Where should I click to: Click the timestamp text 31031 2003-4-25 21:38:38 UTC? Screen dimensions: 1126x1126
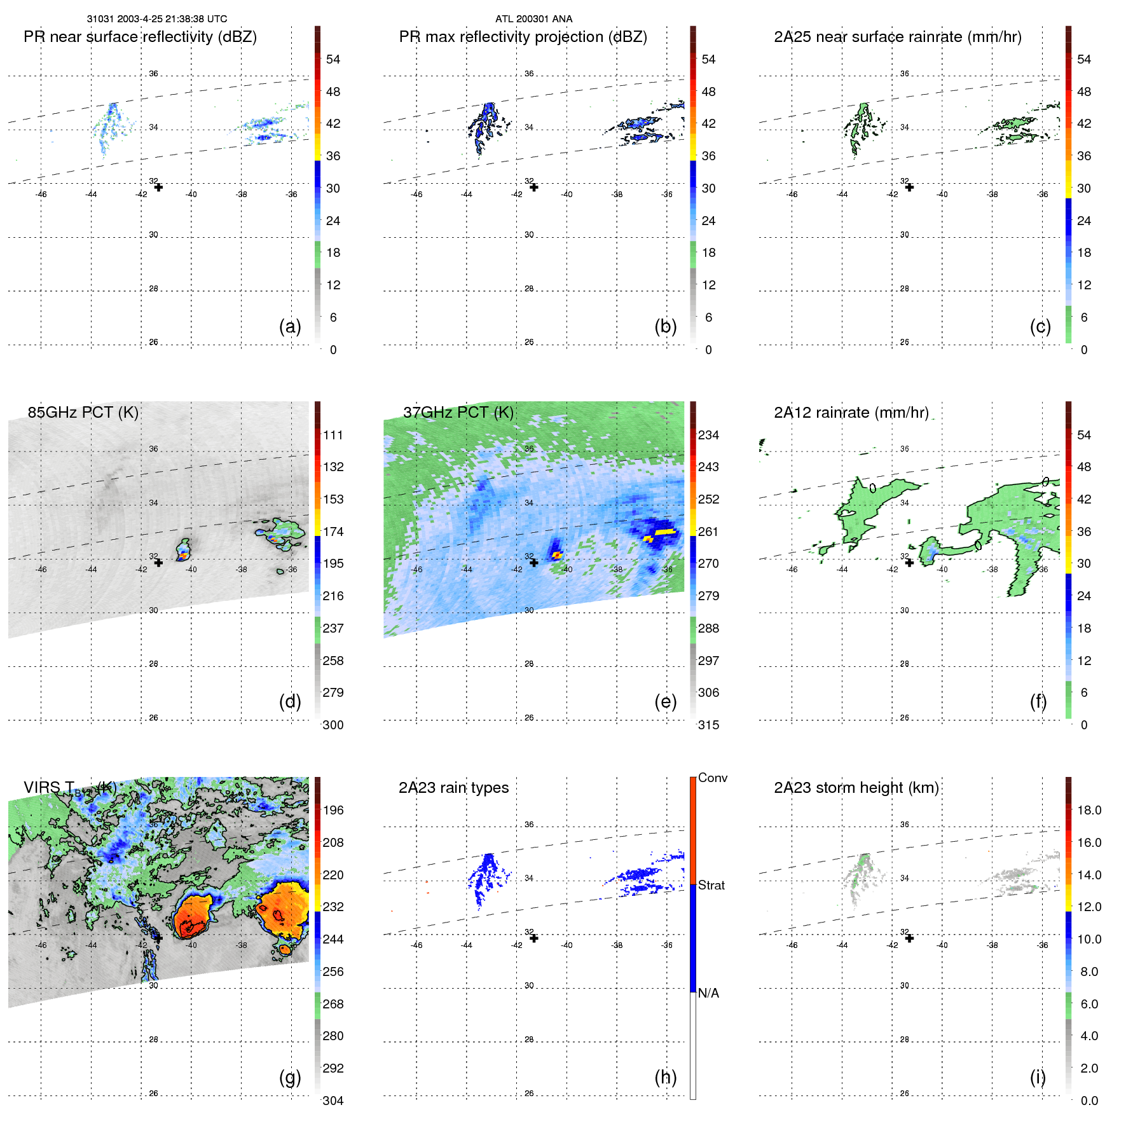[157, 19]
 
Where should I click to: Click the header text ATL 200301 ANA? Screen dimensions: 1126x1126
[533, 19]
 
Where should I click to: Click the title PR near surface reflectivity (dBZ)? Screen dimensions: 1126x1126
[140, 37]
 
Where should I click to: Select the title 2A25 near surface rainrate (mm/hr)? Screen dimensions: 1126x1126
[897, 37]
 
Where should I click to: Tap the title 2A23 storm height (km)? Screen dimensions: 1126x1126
[856, 788]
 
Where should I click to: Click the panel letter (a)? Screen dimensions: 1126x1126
[290, 326]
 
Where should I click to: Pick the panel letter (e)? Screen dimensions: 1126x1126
[665, 701]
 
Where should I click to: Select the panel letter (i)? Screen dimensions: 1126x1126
[1038, 1077]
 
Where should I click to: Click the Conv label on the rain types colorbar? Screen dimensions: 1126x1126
[712, 778]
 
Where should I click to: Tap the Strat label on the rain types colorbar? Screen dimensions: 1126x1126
[711, 885]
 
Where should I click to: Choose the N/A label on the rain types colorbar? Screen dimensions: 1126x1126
[708, 993]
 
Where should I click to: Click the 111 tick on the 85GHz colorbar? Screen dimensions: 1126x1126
[333, 435]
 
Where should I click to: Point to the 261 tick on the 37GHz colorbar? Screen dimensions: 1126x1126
[708, 532]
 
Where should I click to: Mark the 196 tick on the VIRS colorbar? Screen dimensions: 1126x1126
[333, 810]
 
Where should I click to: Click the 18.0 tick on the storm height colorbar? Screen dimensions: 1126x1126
[1088, 810]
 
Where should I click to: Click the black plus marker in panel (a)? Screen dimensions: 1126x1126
[158, 187]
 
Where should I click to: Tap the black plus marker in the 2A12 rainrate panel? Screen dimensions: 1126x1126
[909, 563]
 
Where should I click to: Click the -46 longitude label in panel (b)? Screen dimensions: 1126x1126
[416, 195]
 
